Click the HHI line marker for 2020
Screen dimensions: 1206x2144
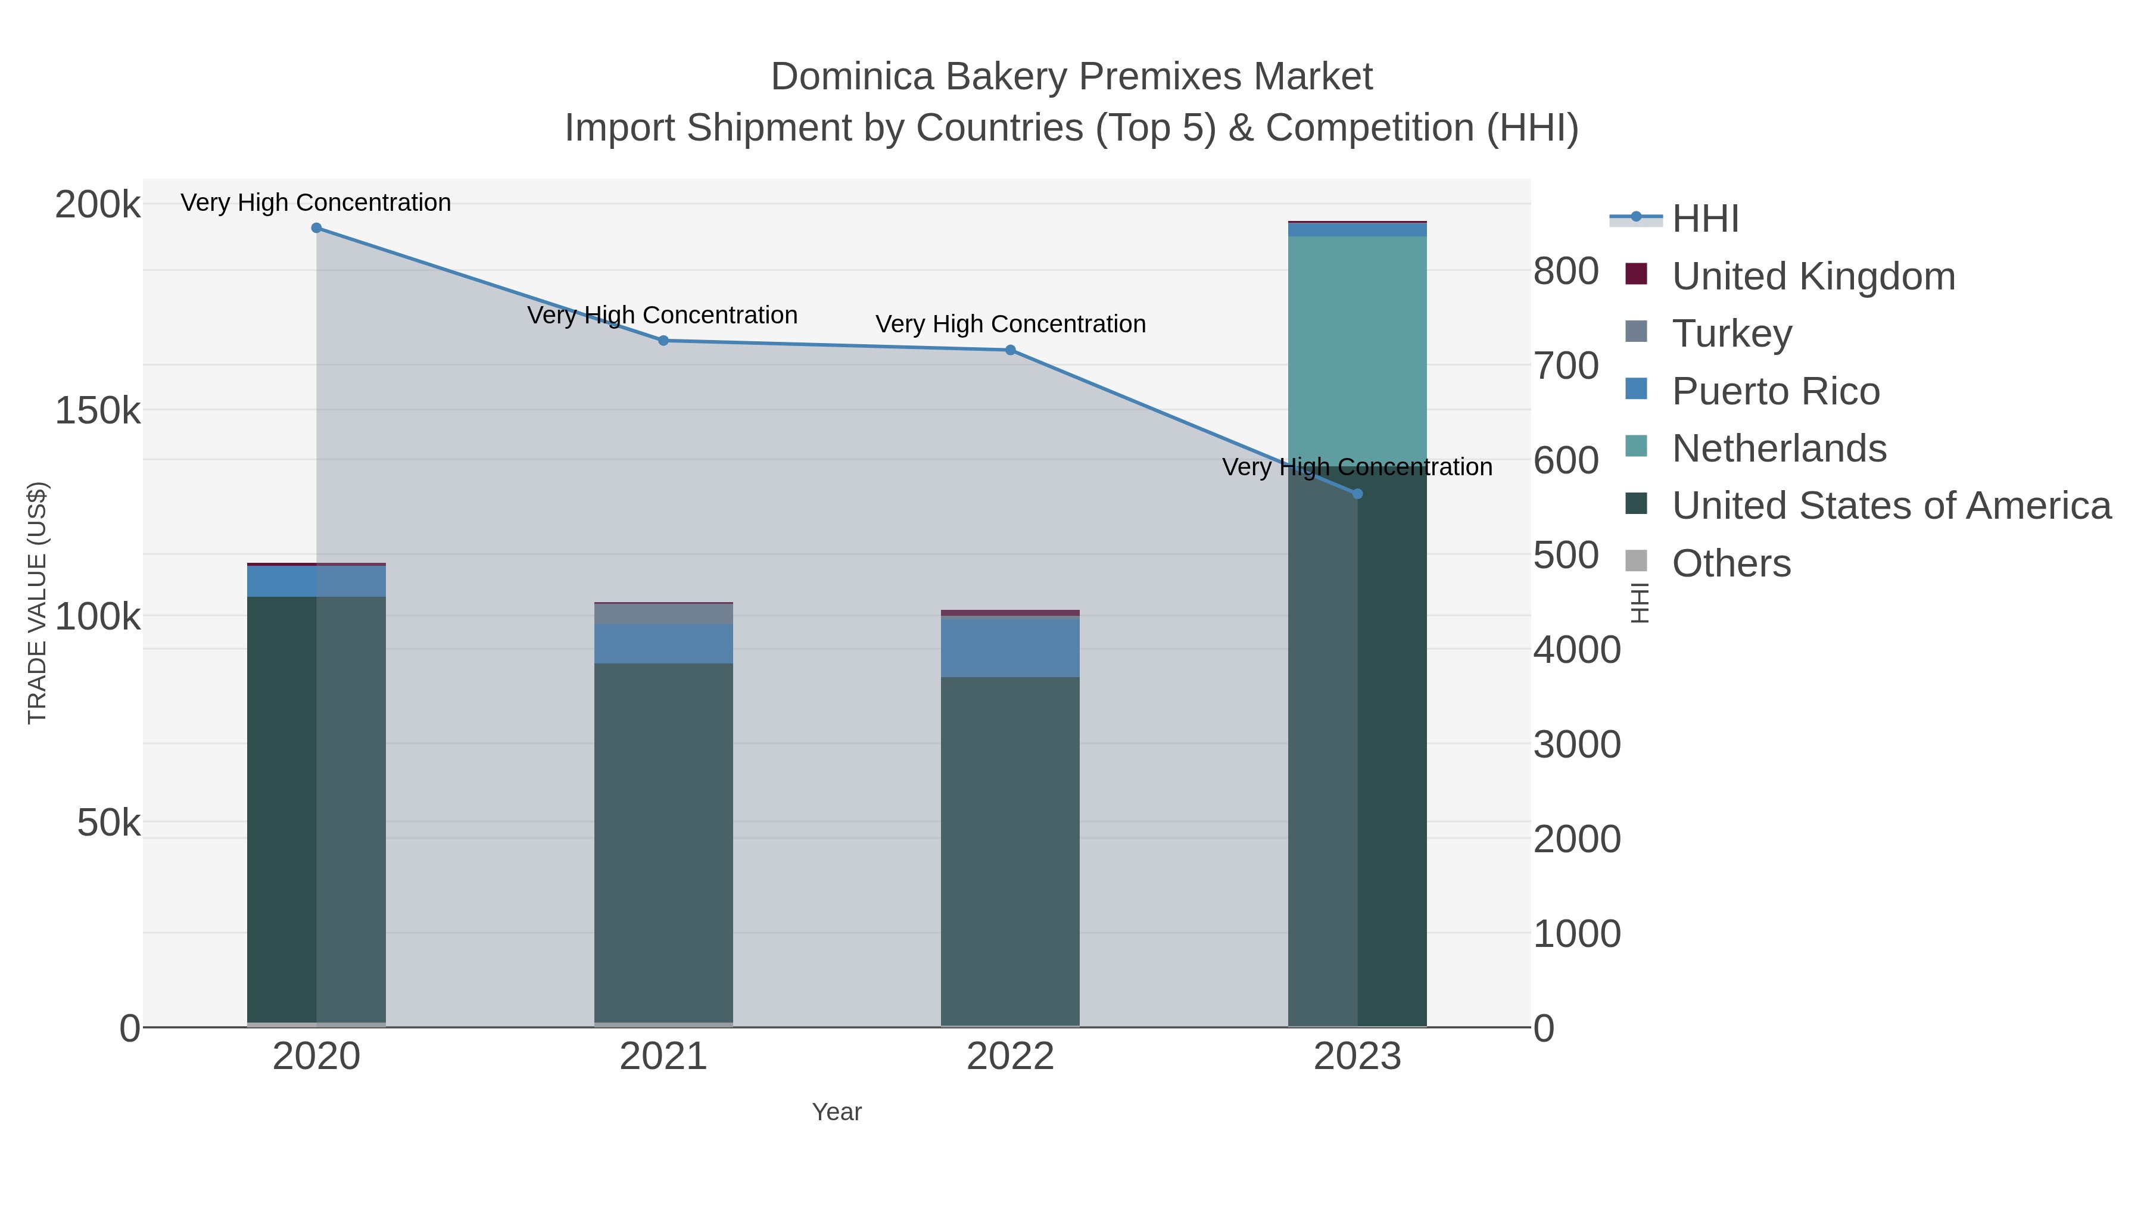pos(316,228)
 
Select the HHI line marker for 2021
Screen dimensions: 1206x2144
pos(663,341)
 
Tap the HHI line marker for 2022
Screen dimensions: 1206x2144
pos(1011,350)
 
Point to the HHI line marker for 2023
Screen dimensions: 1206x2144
pos(1357,494)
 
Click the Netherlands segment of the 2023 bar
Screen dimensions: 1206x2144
pos(1357,350)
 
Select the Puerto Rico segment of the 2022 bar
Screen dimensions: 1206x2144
pos(1011,647)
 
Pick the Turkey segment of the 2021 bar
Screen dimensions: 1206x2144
pos(663,613)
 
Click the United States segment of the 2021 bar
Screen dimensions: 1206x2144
pos(663,840)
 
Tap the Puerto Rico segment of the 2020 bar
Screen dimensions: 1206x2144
pos(316,581)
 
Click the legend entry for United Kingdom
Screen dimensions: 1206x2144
pos(1813,276)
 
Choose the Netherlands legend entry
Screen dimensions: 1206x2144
pos(1778,448)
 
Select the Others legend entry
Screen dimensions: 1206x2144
pos(1730,563)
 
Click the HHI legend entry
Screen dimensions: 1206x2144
pos(1704,219)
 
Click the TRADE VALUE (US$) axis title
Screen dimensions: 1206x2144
pos(38,603)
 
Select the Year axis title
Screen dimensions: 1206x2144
pos(837,1112)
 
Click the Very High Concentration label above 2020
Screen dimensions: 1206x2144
pos(316,202)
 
